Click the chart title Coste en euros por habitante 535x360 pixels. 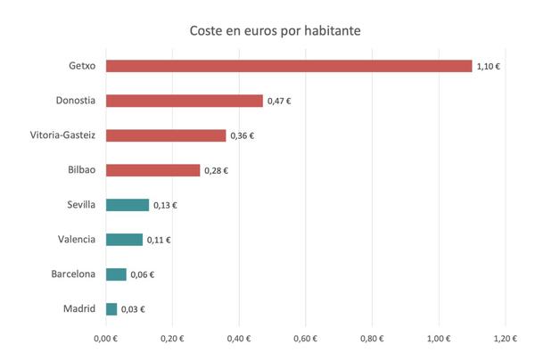[x=274, y=31]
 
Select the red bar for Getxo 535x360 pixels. [x=289, y=66]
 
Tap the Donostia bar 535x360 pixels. [x=185, y=101]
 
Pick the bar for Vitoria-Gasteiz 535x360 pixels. [x=166, y=135]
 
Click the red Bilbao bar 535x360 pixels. [x=152, y=170]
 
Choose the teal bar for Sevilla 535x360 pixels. [x=128, y=205]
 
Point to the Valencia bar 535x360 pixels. [x=124, y=240]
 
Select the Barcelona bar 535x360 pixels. [x=116, y=274]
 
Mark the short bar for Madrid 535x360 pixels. [x=111, y=309]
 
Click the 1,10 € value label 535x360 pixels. [x=489, y=67]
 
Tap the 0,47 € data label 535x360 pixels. [x=279, y=102]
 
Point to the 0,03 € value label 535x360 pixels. [x=133, y=310]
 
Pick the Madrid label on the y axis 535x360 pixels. [x=79, y=309]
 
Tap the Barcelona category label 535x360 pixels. [x=73, y=274]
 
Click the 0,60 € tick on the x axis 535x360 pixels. [x=305, y=339]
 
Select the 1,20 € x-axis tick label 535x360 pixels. [x=505, y=339]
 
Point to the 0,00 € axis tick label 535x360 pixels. [x=105, y=339]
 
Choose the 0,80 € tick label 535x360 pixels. [x=372, y=339]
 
